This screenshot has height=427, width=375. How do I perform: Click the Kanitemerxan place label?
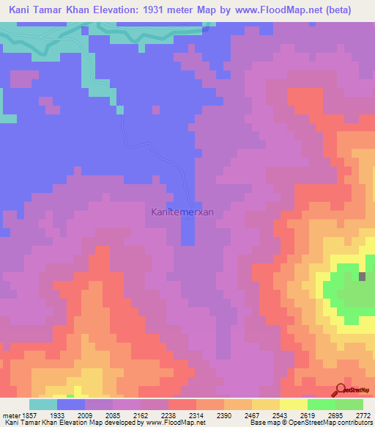[x=182, y=212]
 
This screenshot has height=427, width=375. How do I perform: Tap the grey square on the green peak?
[x=363, y=276]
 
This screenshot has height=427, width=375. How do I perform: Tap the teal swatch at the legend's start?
[x=43, y=404]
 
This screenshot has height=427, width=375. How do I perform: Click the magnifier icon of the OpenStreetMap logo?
[x=341, y=389]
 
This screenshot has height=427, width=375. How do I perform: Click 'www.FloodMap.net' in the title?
[x=278, y=10]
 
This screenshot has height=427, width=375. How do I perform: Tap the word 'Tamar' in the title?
[x=61, y=10]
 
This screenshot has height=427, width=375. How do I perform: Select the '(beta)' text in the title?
[x=338, y=10]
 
